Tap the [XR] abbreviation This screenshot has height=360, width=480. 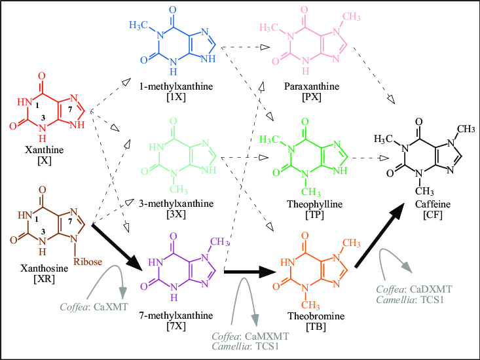(x=40, y=278)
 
